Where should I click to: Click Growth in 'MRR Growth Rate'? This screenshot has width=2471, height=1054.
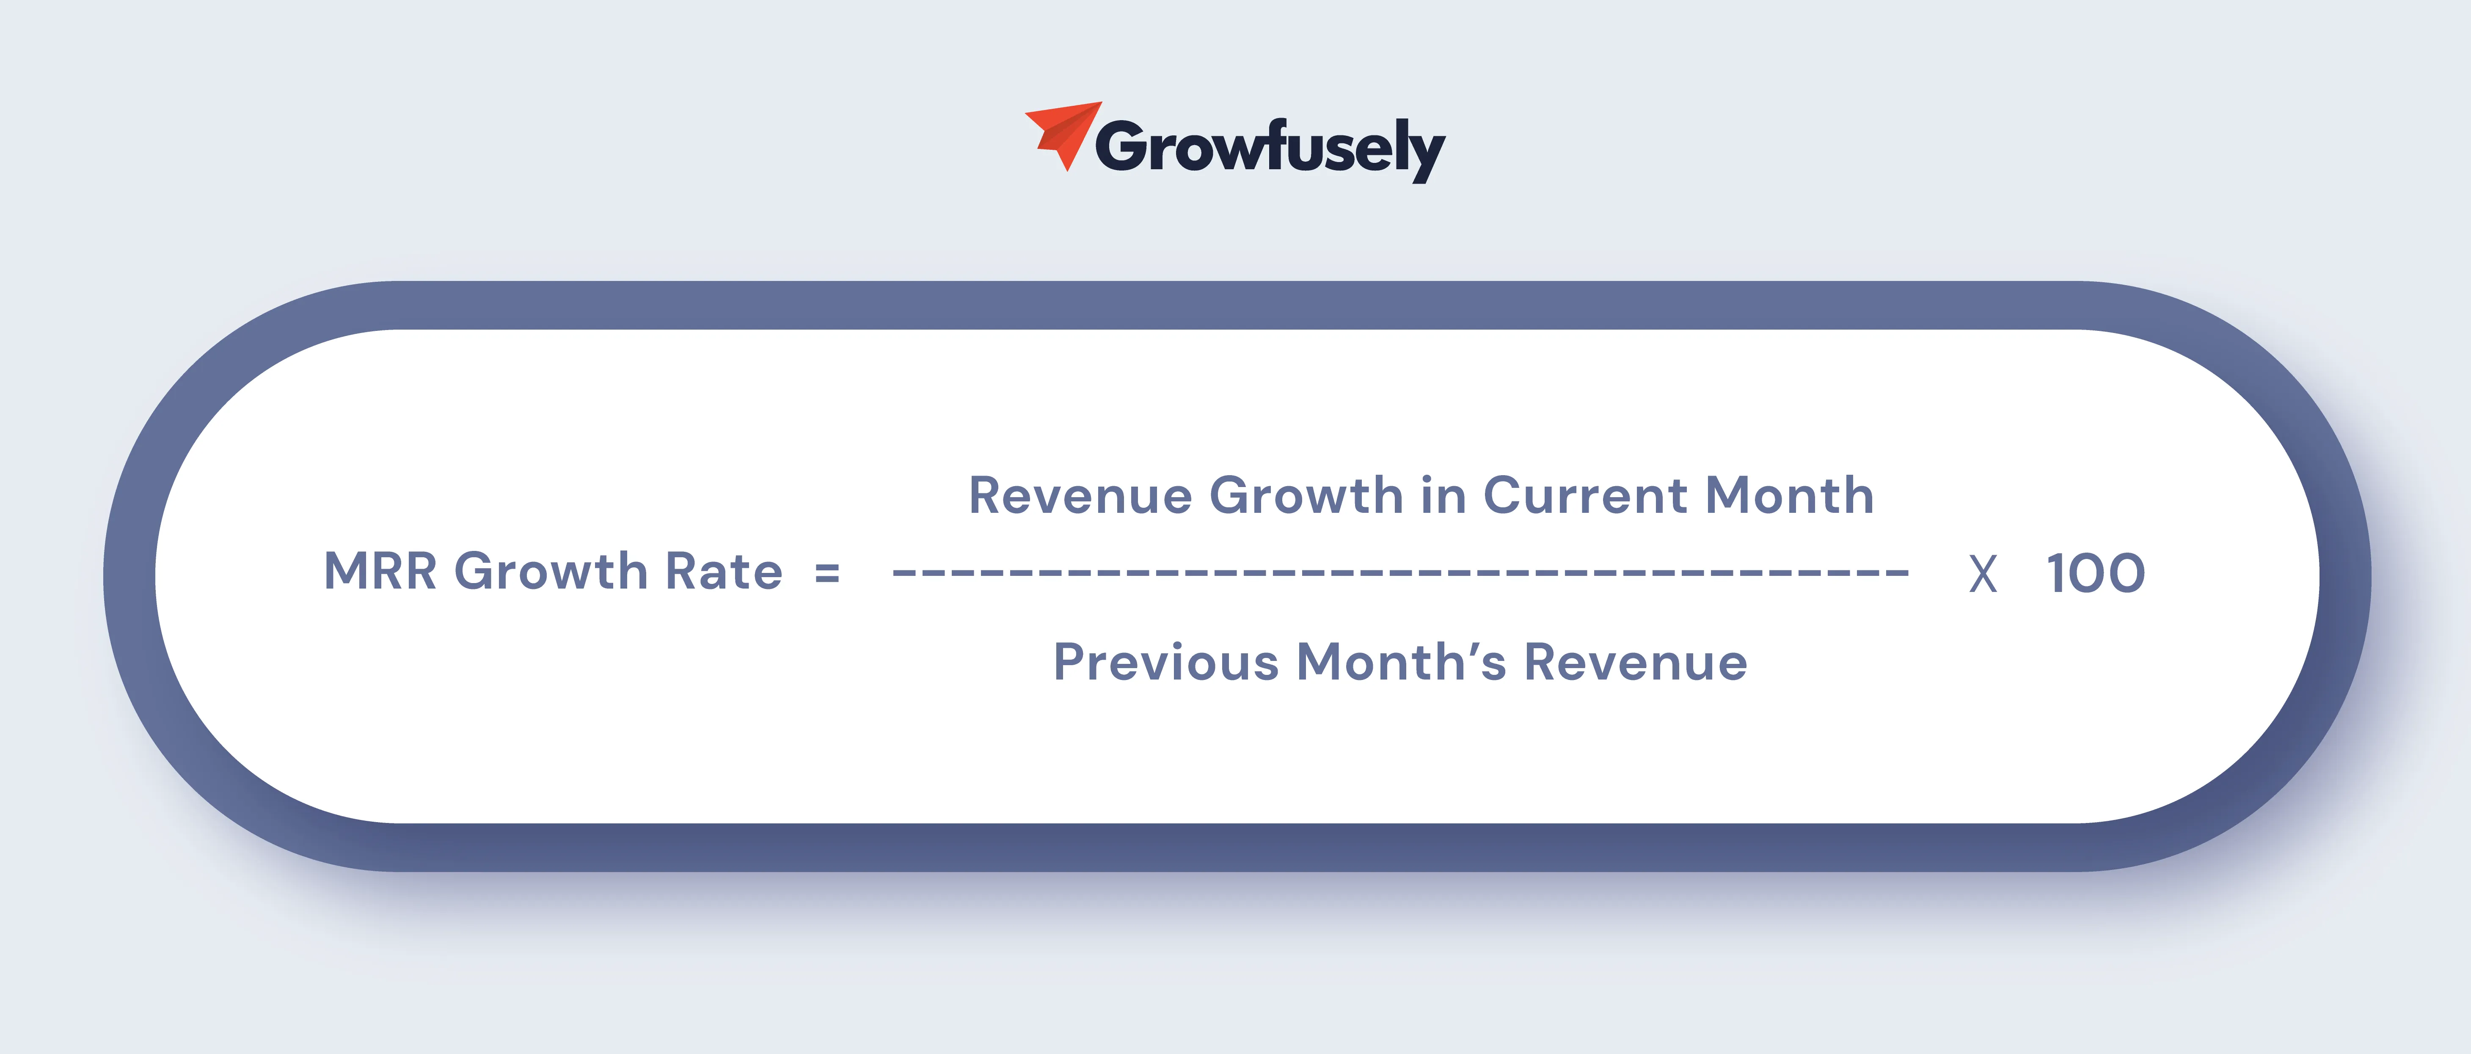pos(551,572)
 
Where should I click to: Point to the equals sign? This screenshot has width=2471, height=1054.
pos(827,573)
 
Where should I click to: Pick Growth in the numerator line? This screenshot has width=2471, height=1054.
pos(1306,496)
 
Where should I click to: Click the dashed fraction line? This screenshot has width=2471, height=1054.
pos(1400,573)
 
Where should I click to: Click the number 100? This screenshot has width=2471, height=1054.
pos(2096,573)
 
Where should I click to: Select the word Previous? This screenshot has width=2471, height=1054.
pos(1166,662)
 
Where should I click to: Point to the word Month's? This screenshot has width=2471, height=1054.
pos(1402,662)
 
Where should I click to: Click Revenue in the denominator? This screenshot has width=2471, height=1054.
pos(1636,662)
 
